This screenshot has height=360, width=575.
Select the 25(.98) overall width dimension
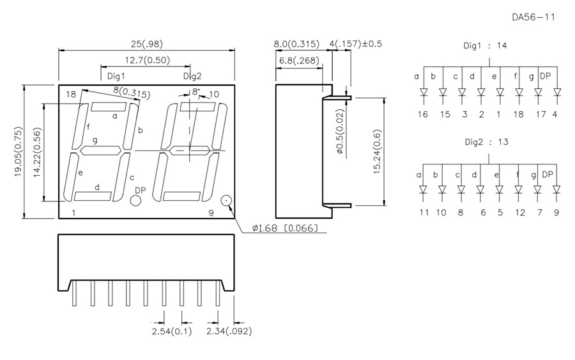(148, 44)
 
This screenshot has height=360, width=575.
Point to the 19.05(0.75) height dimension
(20, 152)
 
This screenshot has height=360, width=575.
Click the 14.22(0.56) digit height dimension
(38, 152)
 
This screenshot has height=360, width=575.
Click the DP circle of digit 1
(135, 201)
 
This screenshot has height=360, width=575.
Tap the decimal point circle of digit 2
(226, 201)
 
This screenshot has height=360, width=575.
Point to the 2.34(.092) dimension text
(229, 331)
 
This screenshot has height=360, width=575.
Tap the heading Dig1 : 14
(486, 47)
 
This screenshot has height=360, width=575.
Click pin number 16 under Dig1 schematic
(422, 114)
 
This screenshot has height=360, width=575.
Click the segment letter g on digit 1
(95, 141)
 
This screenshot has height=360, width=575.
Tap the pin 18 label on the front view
(70, 95)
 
